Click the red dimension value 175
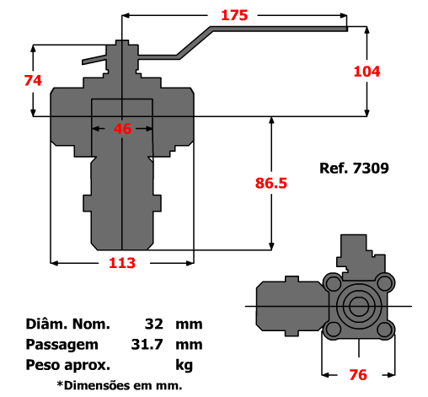(x=234, y=15)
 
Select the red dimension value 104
(x=366, y=72)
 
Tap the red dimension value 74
(x=33, y=80)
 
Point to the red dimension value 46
(x=122, y=129)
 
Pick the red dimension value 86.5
(x=271, y=183)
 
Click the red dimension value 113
(x=122, y=263)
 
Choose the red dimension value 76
(x=358, y=375)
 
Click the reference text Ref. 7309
(x=354, y=168)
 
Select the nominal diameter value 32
(x=154, y=324)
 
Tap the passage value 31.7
(x=147, y=344)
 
